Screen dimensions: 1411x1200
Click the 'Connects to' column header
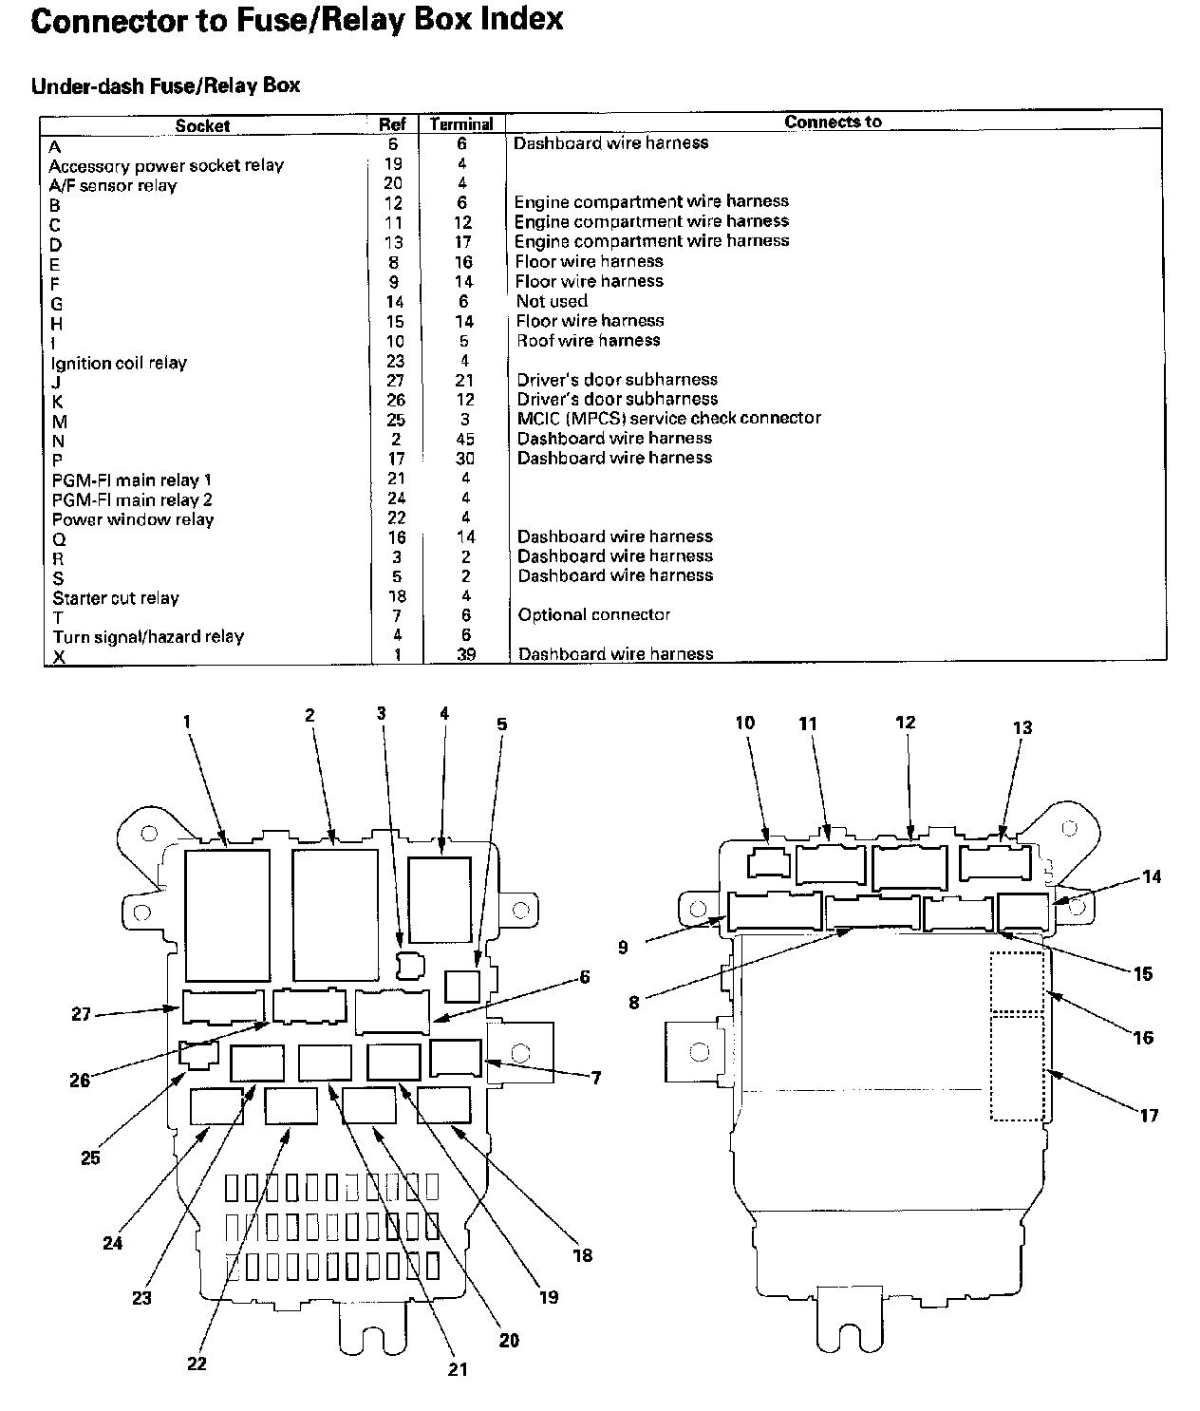pos(833,122)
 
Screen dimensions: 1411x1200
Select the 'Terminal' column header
pos(461,124)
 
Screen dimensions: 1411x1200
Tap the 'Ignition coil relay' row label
pos(119,363)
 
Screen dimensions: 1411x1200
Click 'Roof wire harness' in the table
pos(588,340)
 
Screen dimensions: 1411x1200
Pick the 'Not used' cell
pos(552,301)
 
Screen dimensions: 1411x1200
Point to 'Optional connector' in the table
pos(594,614)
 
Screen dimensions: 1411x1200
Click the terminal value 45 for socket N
pos(464,439)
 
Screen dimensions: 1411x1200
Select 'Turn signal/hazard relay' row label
pos(148,636)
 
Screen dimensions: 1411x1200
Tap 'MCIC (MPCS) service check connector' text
pos(668,418)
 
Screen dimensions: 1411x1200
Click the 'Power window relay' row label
pos(133,519)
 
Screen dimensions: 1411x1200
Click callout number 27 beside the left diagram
pos(82,1014)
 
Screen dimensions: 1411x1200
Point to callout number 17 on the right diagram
pos(1149,1115)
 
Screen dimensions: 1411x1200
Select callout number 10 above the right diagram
pos(745,723)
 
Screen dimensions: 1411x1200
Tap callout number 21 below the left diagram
pos(458,1369)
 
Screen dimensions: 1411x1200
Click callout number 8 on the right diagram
pos(634,1001)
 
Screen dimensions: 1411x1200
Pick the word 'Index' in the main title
pos(521,19)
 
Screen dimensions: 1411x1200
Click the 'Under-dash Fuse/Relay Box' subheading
pos(165,85)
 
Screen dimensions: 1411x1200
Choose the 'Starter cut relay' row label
pos(116,598)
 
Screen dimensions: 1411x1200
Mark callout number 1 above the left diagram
pos(187,722)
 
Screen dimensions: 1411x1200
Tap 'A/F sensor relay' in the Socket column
pos(113,185)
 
